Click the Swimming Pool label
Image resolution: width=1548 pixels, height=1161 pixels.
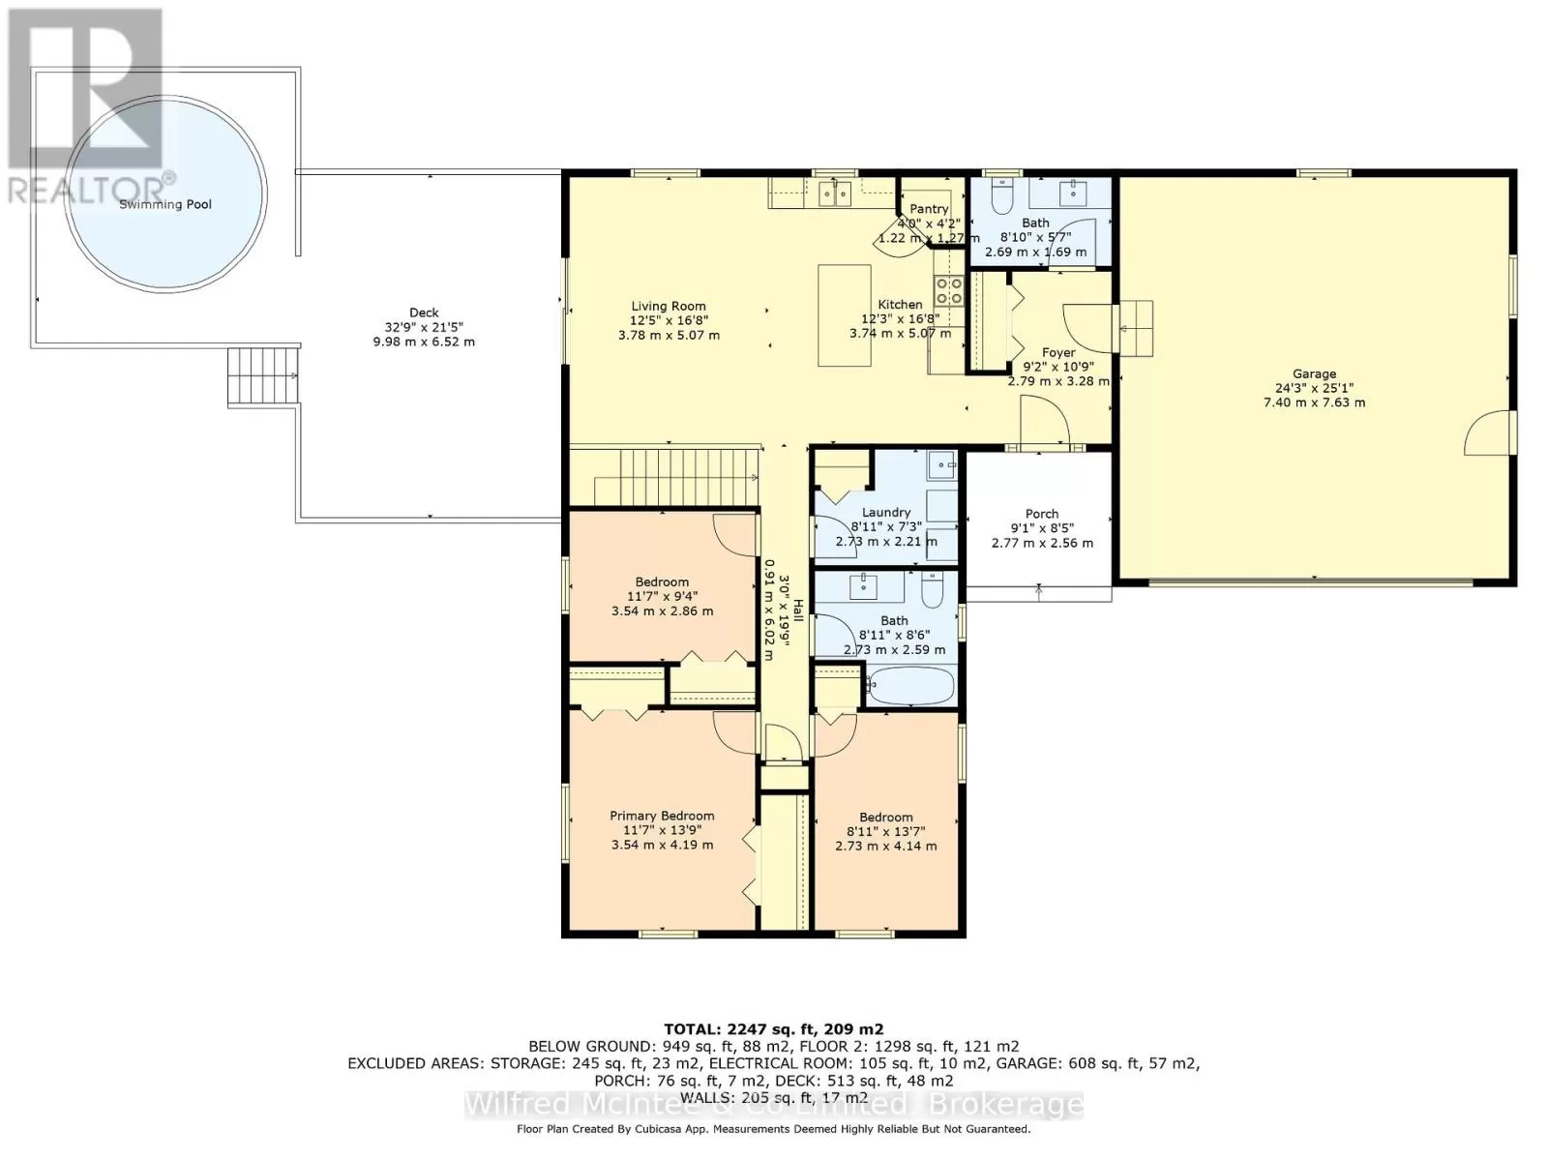(165, 204)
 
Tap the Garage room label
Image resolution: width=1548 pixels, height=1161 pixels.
(1314, 373)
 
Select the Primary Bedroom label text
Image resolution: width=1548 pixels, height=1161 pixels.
(662, 816)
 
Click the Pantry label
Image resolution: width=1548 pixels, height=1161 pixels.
(928, 209)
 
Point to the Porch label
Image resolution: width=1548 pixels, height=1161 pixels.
(1042, 514)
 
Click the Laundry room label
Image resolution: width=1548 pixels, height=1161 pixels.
(886, 513)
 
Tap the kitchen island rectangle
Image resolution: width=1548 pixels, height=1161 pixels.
(845, 315)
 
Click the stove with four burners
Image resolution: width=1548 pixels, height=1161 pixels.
(949, 290)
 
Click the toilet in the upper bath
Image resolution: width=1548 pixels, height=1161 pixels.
(1001, 196)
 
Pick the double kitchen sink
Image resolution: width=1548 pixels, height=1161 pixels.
(834, 193)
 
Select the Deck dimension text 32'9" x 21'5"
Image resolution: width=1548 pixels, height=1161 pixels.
(423, 327)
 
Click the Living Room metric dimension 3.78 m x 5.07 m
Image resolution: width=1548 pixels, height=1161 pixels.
(669, 336)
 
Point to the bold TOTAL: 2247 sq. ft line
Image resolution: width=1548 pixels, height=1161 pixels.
(774, 1029)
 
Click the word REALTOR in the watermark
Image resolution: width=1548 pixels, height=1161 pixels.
(84, 189)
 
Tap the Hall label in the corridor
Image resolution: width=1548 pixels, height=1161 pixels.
(797, 610)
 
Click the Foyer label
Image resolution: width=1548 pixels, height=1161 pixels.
(1058, 352)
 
